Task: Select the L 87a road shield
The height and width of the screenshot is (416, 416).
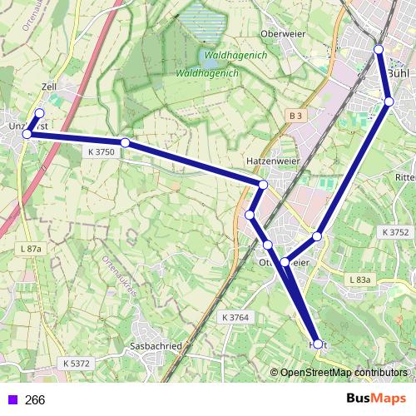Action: coord(31,249)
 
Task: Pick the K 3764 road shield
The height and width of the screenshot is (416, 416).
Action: coord(236,318)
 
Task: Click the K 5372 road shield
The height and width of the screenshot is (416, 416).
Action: coord(77,364)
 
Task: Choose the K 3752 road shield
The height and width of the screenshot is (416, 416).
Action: coord(395,232)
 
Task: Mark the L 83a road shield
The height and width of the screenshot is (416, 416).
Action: coord(360,279)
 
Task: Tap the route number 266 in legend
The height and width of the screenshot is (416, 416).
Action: coord(35,400)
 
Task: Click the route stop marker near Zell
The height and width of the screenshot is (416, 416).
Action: coord(39,113)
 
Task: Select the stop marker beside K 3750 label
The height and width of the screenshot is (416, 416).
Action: coord(125,143)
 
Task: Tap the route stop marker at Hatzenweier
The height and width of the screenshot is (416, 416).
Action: coord(263,184)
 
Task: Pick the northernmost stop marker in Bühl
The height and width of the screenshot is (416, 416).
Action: coord(379,50)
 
